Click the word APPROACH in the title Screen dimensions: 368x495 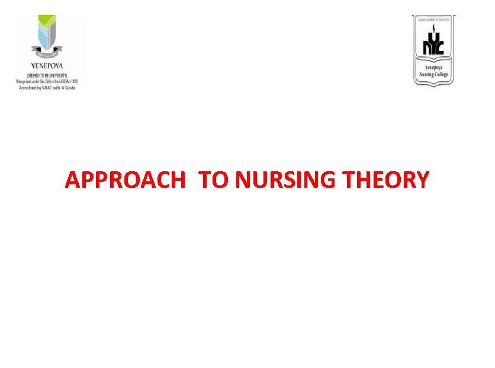[125, 180]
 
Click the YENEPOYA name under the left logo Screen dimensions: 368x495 [47, 66]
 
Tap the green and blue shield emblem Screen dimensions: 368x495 [47, 36]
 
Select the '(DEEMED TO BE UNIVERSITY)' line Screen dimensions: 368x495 [47, 74]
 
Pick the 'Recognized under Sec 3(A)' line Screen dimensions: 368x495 [47, 80]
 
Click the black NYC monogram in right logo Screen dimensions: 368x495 [433, 45]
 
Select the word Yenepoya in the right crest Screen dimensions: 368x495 [434, 68]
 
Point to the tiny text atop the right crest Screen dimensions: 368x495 [433, 19]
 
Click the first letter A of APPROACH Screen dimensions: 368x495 [72, 180]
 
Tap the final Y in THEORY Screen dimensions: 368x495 [422, 180]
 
